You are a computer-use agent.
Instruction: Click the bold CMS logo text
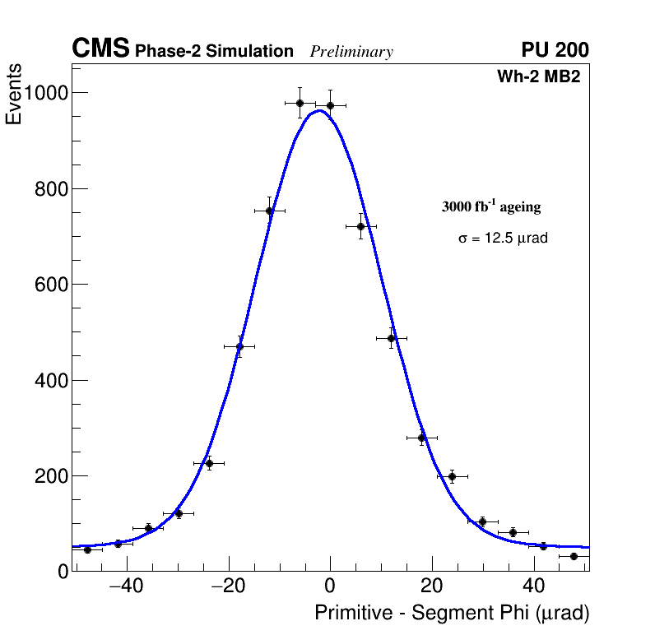100,49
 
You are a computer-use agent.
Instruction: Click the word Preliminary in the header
351,52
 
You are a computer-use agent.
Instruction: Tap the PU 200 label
555,50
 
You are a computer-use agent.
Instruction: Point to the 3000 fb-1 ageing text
491,206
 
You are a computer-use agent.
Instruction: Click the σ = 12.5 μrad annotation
503,239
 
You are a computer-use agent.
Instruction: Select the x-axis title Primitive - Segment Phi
452,614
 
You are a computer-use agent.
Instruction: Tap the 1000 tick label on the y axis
44,93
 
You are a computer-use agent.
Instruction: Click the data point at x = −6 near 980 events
300,103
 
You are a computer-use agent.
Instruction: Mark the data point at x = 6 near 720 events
360,226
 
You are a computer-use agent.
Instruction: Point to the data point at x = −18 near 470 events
239,346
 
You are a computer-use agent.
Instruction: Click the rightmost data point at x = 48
574,556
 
